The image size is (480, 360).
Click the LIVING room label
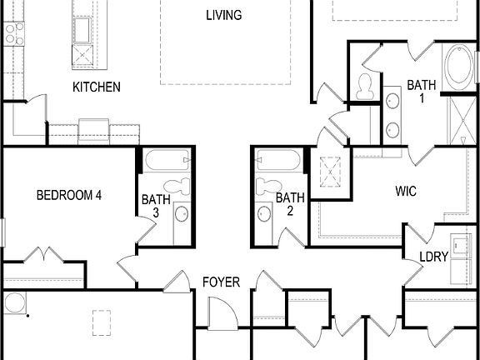tap(224, 15)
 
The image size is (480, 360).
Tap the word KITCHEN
tap(97, 87)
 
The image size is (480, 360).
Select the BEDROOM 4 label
tap(69, 195)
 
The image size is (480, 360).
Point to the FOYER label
tap(221, 282)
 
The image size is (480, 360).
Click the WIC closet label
tap(406, 191)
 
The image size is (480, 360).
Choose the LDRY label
tap(433, 257)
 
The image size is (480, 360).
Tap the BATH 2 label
tap(290, 204)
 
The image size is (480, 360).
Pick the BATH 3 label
tap(155, 206)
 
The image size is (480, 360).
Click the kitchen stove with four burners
tap(14, 33)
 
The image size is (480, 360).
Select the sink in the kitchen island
tap(83, 29)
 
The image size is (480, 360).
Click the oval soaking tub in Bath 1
tap(459, 68)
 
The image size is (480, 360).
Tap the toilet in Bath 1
tap(364, 85)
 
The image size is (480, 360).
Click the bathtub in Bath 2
tap(278, 160)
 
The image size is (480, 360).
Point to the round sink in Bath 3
tap(181, 213)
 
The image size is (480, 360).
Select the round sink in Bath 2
tap(264, 214)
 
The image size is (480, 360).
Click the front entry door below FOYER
tap(222, 314)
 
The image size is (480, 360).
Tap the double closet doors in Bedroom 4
tap(43, 253)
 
